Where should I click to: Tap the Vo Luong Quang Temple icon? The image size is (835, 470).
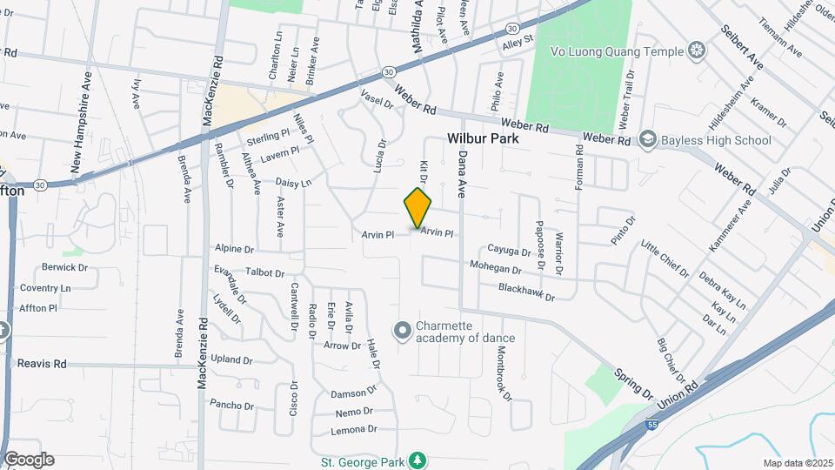coord(696,49)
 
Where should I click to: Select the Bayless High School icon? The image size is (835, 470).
coord(647,139)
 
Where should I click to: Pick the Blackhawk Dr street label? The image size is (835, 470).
coord(525,292)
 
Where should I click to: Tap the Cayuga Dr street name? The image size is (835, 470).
coord(509,251)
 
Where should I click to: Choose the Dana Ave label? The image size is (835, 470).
coord(462,173)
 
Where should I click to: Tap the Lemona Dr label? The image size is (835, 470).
coord(354,430)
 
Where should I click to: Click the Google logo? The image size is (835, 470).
coord(29,460)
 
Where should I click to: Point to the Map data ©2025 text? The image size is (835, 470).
coord(797,463)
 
